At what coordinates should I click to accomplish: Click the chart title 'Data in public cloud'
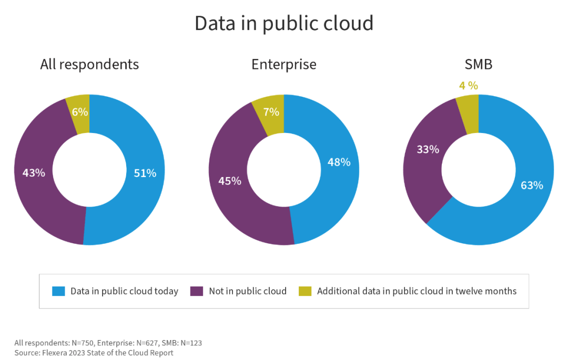coord(284,24)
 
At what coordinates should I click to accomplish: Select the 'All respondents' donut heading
coord(89,64)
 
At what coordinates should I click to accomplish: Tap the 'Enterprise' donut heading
coord(284,64)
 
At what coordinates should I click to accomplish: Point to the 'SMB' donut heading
coord(478,64)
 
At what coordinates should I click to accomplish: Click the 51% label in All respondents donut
coord(145,173)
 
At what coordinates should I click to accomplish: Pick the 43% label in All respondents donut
coord(34,172)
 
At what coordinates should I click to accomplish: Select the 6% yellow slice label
coord(80,111)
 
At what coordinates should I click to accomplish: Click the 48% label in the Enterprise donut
coord(339,162)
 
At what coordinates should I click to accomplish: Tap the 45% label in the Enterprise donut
coord(229,181)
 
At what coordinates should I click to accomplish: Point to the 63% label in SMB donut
coord(532,185)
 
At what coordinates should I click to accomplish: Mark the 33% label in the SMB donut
coord(428,149)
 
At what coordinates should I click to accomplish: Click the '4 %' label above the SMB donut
coord(469,85)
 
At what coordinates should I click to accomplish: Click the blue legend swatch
coord(58,291)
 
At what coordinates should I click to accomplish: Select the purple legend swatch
coord(196,291)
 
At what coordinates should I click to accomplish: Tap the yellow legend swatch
coord(305,291)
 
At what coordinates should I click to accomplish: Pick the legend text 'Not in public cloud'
coord(248,291)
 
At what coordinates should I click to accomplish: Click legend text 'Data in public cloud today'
coord(124,291)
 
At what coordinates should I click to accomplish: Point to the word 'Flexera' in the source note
coord(58,353)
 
